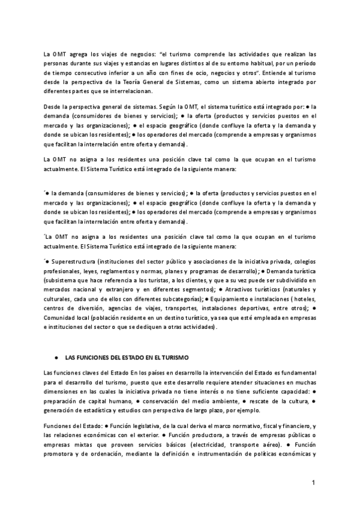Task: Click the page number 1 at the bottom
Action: pos(313,483)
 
